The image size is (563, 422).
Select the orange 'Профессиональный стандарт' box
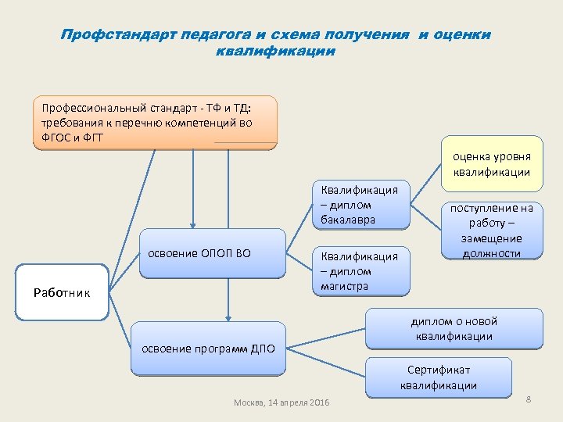click(x=155, y=122)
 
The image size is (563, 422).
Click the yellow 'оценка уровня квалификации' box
click(x=493, y=165)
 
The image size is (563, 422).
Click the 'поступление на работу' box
click(x=491, y=231)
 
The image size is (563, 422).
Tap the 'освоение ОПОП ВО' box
click(x=212, y=253)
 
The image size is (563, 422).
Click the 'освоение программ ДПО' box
click(x=208, y=348)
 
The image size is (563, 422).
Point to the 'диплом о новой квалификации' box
click(x=454, y=328)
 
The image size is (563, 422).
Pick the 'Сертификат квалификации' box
click(x=438, y=377)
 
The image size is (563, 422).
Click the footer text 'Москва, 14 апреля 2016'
click(x=281, y=402)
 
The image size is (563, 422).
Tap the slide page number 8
click(x=529, y=400)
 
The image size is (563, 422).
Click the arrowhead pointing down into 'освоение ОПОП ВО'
click(x=192, y=225)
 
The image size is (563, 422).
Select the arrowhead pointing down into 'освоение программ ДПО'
click(x=228, y=318)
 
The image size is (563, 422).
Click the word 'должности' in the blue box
click(x=491, y=253)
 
